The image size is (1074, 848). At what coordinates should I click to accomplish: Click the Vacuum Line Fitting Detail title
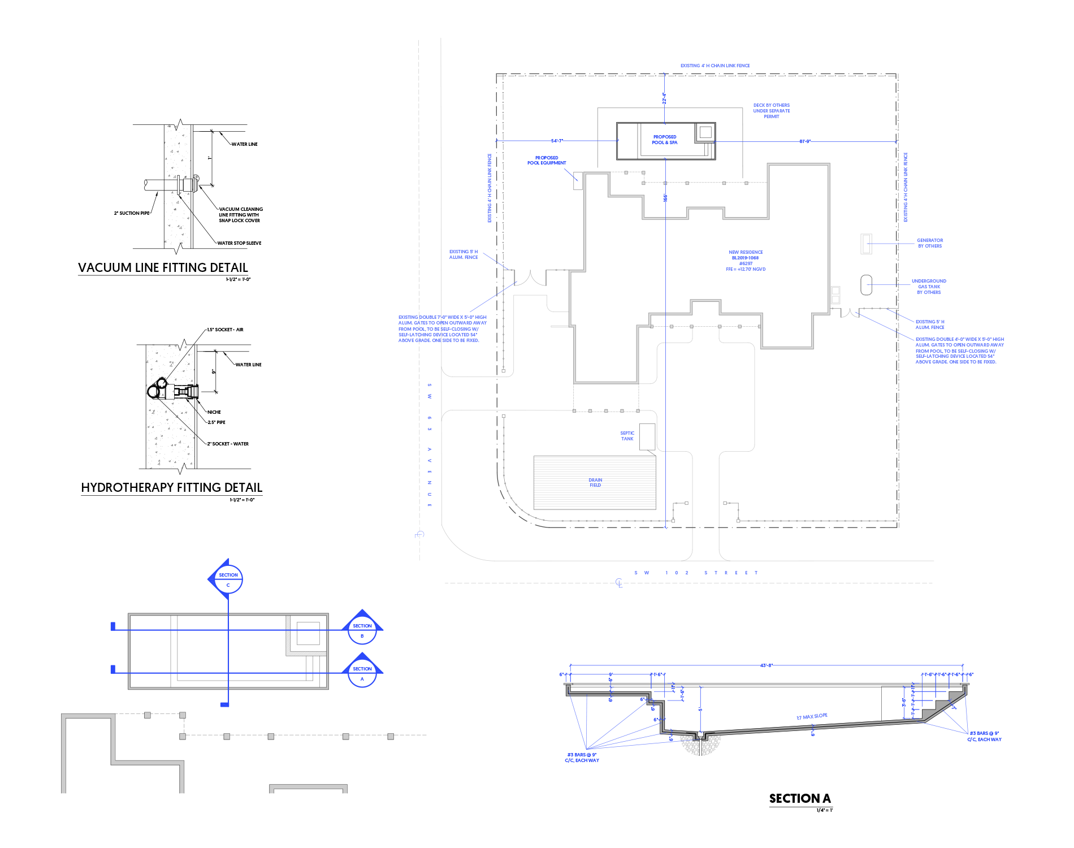[x=163, y=267]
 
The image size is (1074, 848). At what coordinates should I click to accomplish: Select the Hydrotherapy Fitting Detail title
[x=171, y=487]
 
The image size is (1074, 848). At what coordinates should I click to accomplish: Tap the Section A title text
[x=799, y=798]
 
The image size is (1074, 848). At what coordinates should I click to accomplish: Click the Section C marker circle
[x=228, y=579]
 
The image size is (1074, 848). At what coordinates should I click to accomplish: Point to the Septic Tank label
[x=627, y=436]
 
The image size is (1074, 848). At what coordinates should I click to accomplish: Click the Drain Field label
[x=595, y=482]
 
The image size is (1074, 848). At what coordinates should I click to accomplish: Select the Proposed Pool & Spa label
[x=665, y=140]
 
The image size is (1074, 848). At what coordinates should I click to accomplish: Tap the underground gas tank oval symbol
[x=866, y=285]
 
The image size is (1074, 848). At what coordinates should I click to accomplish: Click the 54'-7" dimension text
[x=557, y=141]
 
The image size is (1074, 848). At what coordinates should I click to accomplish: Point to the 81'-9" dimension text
[x=805, y=141]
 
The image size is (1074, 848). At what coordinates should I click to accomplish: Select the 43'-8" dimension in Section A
[x=766, y=665]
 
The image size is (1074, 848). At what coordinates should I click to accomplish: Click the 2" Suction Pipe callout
[x=132, y=213]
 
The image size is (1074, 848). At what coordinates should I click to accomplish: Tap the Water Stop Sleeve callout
[x=239, y=243]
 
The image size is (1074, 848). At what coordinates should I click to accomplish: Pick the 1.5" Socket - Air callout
[x=225, y=330]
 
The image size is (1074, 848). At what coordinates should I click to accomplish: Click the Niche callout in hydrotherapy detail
[x=214, y=412]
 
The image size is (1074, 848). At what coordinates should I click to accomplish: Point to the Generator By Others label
[x=929, y=243]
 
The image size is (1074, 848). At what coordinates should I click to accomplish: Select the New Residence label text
[x=746, y=252]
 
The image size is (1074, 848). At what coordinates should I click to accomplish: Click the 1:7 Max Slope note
[x=812, y=716]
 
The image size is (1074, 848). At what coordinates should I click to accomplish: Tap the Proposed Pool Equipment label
[x=547, y=161]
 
